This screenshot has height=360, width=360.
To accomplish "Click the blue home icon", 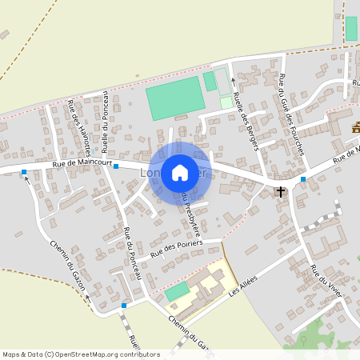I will (180, 172).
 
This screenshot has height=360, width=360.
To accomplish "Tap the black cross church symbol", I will (281, 191).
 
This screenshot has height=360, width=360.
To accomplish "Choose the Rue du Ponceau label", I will (133, 253).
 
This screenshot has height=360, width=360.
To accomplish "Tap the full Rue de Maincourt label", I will (80, 165).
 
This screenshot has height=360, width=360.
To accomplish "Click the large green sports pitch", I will (175, 98).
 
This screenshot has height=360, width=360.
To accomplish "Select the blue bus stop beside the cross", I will (303, 179).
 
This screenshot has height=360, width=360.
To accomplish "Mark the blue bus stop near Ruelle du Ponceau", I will (116, 166).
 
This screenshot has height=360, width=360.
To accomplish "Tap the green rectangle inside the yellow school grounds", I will (178, 291).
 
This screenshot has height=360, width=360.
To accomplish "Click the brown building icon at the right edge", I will (356, 126).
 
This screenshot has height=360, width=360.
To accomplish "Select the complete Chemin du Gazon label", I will (67, 263).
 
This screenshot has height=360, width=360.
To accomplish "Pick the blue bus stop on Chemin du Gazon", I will (124, 306).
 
